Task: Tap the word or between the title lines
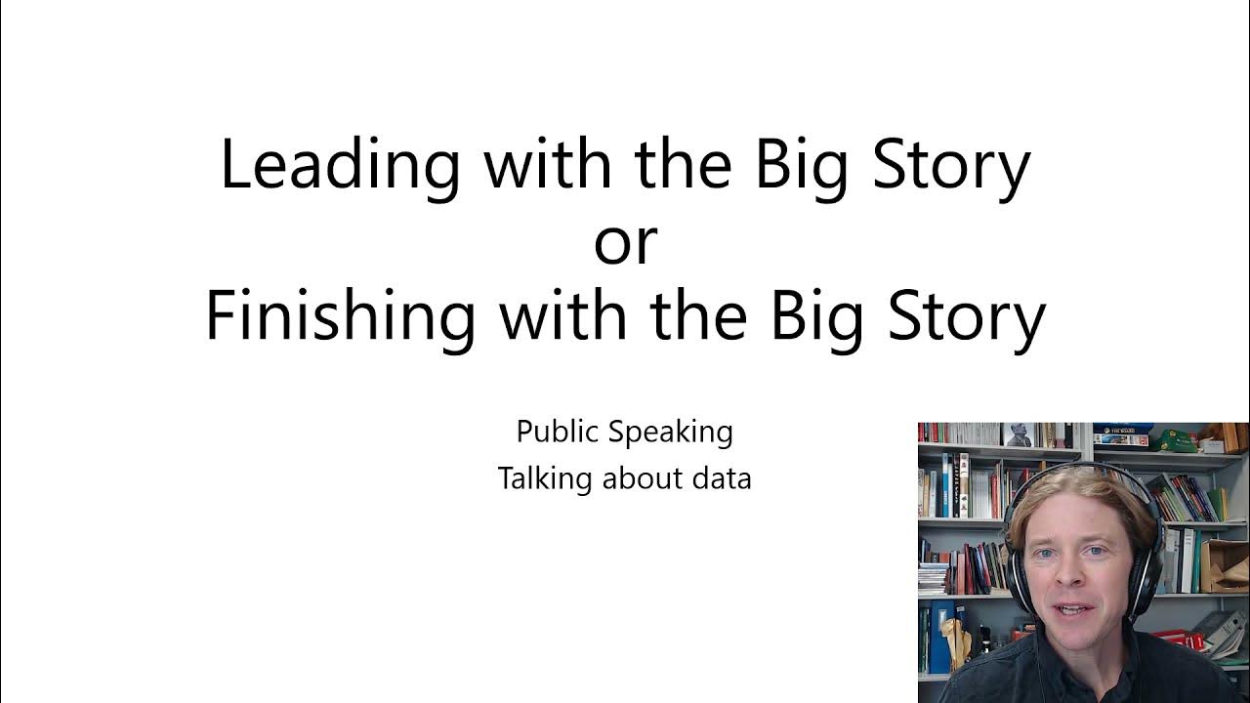pos(625,242)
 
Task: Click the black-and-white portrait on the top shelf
pos(1018,434)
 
